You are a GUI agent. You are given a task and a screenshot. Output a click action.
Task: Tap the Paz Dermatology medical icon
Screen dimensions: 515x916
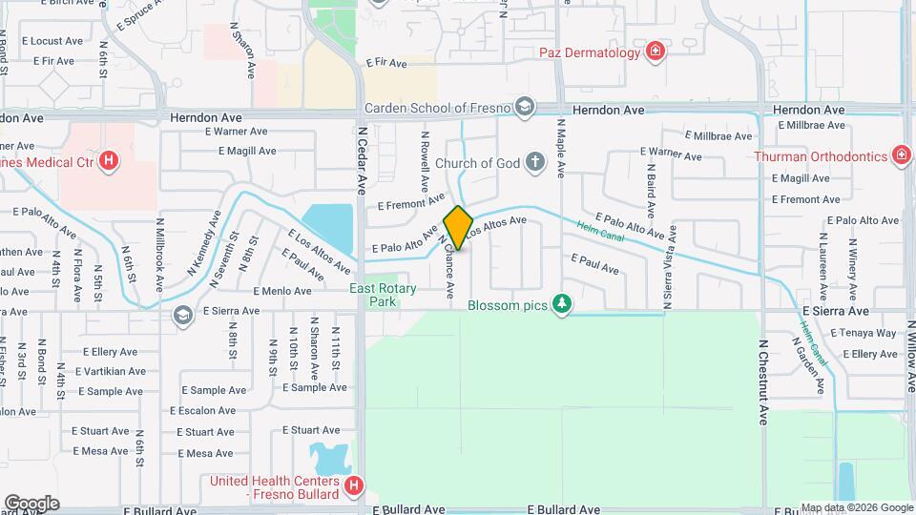coord(656,51)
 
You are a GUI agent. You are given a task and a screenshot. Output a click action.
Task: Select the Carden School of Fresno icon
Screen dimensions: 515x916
coord(523,107)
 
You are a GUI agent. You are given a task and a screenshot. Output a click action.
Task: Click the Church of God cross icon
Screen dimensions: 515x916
coord(534,162)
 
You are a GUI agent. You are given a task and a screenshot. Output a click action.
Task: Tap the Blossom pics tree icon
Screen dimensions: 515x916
coord(563,304)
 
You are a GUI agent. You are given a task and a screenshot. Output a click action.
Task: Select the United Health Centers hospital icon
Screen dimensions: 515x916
coord(354,487)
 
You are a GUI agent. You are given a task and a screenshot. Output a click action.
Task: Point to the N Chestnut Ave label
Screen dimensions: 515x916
coord(763,381)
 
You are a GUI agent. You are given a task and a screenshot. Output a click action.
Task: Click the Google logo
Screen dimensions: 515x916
coord(31,503)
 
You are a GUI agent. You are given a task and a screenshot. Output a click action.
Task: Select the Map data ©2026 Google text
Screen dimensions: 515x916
coord(857,508)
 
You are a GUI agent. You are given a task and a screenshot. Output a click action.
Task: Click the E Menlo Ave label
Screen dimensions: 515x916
coord(282,291)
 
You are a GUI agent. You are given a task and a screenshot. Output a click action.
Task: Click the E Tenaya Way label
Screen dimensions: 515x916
coord(864,333)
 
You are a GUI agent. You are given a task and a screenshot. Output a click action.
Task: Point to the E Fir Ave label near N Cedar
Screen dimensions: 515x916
coord(385,63)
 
